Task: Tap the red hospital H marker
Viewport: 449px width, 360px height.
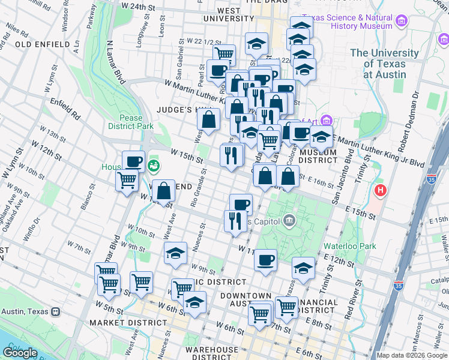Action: click(x=379, y=191)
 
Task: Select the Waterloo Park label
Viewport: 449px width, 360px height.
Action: click(x=349, y=245)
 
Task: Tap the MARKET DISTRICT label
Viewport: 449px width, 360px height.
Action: click(x=119, y=323)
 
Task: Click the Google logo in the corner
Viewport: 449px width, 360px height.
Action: click(x=20, y=353)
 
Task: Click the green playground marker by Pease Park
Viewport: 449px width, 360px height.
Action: click(x=154, y=165)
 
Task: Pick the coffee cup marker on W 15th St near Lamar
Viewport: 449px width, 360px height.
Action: click(x=133, y=161)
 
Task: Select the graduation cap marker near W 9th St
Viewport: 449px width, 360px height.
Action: click(x=175, y=253)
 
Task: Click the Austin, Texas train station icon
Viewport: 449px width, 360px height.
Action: click(x=56, y=311)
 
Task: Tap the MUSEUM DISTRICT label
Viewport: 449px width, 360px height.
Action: click(x=318, y=155)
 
